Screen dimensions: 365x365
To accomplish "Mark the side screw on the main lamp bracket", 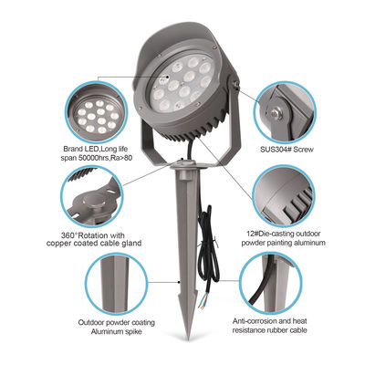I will click(x=236, y=89).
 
